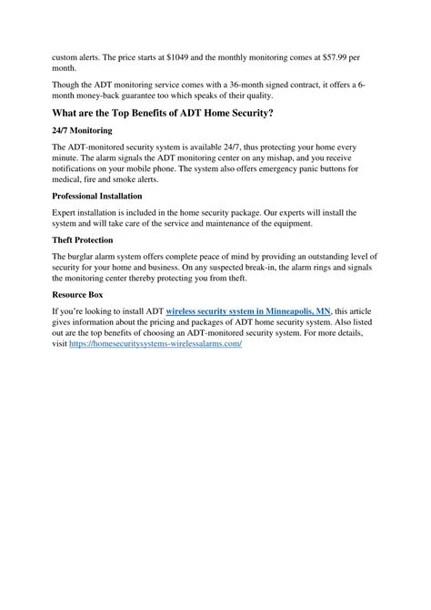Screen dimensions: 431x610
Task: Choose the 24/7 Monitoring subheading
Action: coord(82,130)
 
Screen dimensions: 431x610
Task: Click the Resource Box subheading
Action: coord(78,295)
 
